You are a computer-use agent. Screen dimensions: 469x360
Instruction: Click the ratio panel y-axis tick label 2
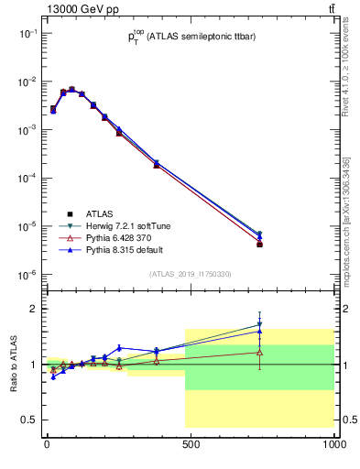(x=32, y=309)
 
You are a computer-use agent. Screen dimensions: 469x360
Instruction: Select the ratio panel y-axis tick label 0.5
(x=29, y=420)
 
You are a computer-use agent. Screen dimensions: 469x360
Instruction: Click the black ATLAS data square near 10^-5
(x=260, y=245)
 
